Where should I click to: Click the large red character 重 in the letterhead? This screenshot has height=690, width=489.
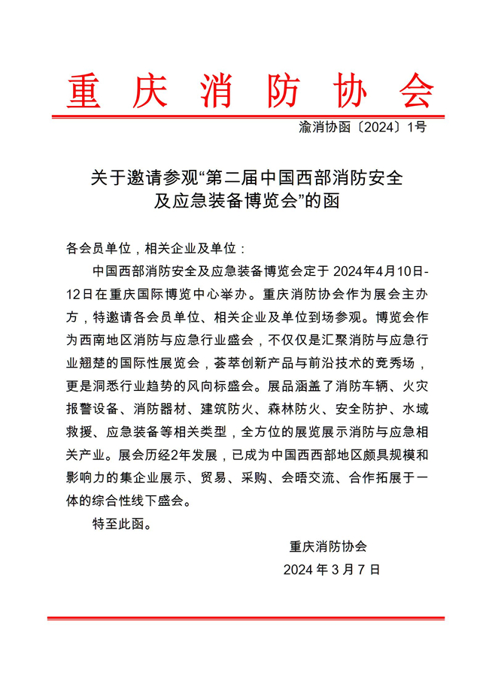[x=88, y=92]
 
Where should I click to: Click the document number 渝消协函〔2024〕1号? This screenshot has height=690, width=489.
[x=363, y=128]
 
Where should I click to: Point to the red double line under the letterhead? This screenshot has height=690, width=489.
[x=248, y=117]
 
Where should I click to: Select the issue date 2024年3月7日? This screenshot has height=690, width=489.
[x=332, y=569]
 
